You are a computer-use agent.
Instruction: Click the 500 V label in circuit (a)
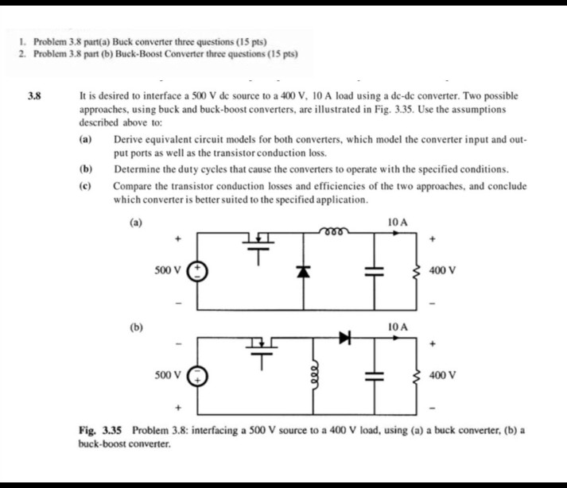click(167, 270)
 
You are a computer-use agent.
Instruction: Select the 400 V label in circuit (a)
click(442, 270)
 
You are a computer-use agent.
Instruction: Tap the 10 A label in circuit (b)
click(398, 327)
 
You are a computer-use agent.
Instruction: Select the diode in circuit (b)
click(344, 339)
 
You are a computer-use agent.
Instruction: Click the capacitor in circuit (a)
click(370, 271)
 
